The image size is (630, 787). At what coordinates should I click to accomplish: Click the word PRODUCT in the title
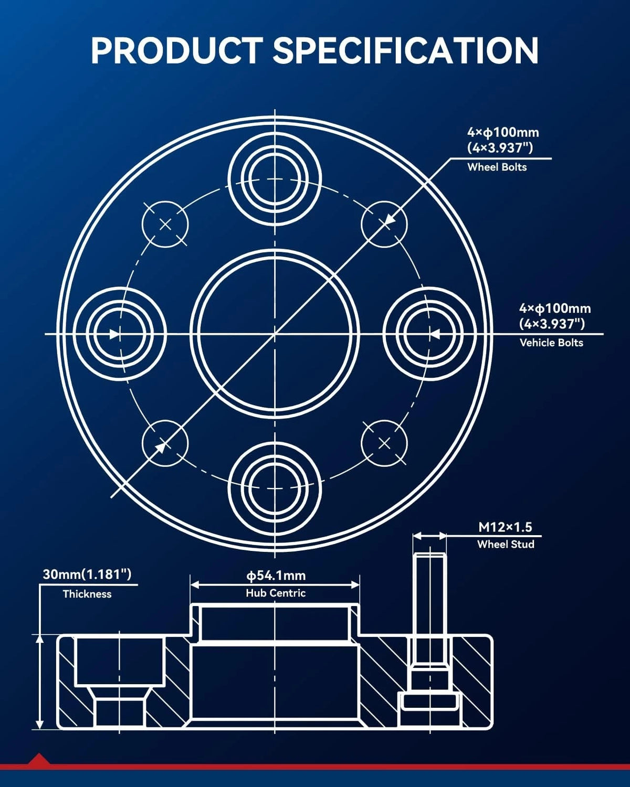pyautogui.click(x=177, y=50)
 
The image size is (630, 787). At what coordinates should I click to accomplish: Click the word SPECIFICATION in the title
pyautogui.click(x=406, y=50)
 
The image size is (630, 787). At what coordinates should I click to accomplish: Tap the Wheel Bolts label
pyautogui.click(x=497, y=167)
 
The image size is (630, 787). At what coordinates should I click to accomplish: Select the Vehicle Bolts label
pyautogui.click(x=551, y=343)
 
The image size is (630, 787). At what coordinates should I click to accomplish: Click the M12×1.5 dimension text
pyautogui.click(x=505, y=527)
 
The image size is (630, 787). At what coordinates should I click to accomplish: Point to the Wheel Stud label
pyautogui.click(x=506, y=544)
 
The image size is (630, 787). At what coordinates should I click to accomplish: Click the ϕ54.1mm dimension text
pyautogui.click(x=276, y=575)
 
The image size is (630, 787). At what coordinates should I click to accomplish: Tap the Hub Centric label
pyautogui.click(x=276, y=593)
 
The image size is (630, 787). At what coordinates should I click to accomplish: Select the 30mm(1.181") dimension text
pyautogui.click(x=87, y=574)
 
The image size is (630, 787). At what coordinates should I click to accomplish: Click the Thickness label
pyautogui.click(x=87, y=594)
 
